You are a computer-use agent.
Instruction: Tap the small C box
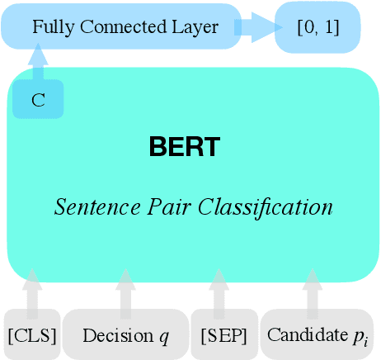point(38,100)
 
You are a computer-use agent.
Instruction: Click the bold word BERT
point(184,148)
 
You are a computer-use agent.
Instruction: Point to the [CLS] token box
point(31,336)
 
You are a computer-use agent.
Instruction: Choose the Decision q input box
point(125,336)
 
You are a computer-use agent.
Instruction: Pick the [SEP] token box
point(219,336)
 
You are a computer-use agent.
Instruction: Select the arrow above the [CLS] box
point(31,292)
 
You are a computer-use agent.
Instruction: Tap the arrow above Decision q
point(125,292)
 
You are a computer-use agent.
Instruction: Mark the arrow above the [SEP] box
point(219,292)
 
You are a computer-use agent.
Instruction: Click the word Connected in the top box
point(118,27)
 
